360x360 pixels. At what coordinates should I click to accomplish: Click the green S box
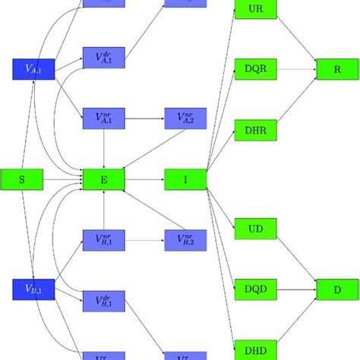pos(21,179)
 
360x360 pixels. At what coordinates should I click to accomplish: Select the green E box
pos(104,179)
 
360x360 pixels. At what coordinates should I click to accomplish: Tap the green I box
pos(185,179)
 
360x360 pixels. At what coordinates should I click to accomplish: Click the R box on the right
pos(336,69)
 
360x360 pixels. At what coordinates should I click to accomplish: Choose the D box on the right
pos(336,289)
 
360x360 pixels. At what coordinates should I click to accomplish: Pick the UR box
pos(255,10)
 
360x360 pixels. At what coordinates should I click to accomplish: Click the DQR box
pos(255,69)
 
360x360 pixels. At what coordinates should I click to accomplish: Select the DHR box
pos(255,129)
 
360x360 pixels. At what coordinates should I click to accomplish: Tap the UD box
pos(255,229)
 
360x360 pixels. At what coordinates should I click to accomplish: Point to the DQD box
pos(255,289)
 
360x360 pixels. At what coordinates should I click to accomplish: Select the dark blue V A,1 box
pos(33,69)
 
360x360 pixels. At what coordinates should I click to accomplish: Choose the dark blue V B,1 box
pos(33,289)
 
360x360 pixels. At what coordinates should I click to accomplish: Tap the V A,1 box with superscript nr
pos(104,118)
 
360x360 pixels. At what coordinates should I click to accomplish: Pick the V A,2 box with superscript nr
pos(185,118)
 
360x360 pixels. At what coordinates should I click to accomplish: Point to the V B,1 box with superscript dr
pos(104,301)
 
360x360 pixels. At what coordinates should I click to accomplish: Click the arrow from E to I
pos(145,179)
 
